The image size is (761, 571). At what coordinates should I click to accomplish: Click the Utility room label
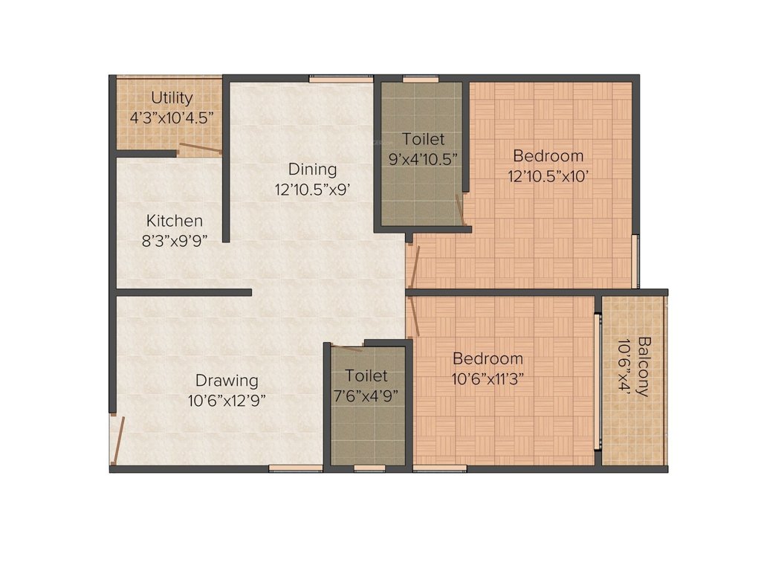click(x=172, y=97)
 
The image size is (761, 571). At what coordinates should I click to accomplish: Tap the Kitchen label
click(x=174, y=221)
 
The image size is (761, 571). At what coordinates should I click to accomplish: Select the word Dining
click(x=312, y=170)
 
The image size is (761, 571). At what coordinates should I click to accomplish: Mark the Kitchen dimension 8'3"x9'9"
click(x=174, y=240)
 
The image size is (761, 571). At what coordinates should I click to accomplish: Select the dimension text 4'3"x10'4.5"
click(x=172, y=117)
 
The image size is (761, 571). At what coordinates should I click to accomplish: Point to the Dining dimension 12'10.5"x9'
click(x=312, y=190)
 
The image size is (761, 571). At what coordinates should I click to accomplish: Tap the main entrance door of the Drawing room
click(x=117, y=439)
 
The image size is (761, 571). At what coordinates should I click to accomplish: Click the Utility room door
click(x=200, y=149)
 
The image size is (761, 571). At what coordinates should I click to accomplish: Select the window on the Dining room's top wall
click(x=331, y=77)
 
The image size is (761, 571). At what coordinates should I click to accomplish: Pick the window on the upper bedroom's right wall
click(x=635, y=261)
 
